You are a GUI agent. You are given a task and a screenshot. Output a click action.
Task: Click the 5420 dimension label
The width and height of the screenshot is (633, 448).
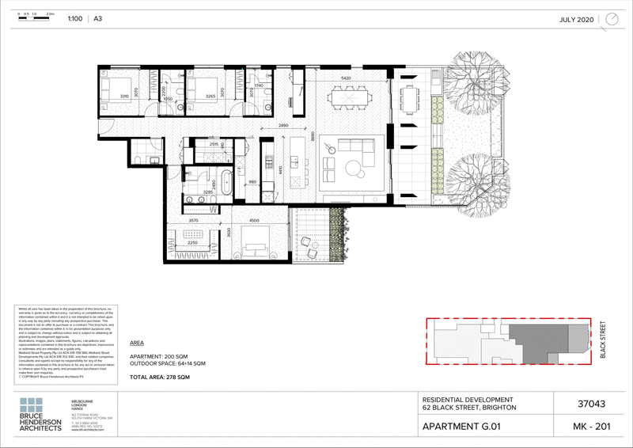pos(346,79)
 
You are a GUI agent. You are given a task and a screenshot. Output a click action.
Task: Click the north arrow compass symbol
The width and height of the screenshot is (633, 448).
pos(612,19)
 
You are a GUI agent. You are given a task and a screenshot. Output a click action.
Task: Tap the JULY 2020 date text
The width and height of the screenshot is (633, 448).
pos(576,19)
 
